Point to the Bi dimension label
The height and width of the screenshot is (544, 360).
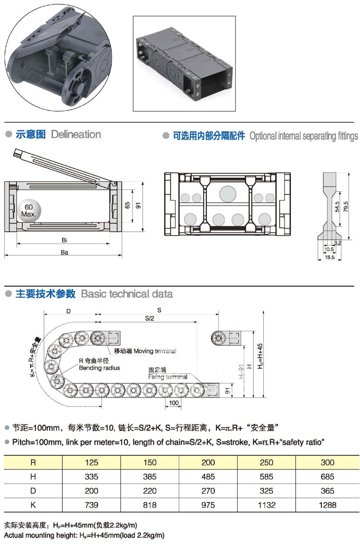(x=64, y=240)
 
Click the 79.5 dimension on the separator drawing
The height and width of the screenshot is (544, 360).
(x=346, y=205)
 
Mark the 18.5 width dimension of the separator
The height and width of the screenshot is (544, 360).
(x=330, y=258)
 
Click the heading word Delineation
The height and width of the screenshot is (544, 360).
(x=76, y=135)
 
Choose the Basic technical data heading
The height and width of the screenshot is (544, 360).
(x=127, y=294)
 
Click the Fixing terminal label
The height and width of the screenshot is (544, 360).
(x=168, y=377)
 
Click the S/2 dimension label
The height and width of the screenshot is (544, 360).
(x=149, y=318)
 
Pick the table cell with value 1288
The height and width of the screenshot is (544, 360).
(x=327, y=505)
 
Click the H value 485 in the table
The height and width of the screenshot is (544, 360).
(x=208, y=476)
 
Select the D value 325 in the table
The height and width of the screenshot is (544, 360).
(x=266, y=491)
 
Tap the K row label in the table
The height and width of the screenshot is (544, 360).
(x=33, y=505)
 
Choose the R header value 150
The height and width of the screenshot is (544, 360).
(x=150, y=462)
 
